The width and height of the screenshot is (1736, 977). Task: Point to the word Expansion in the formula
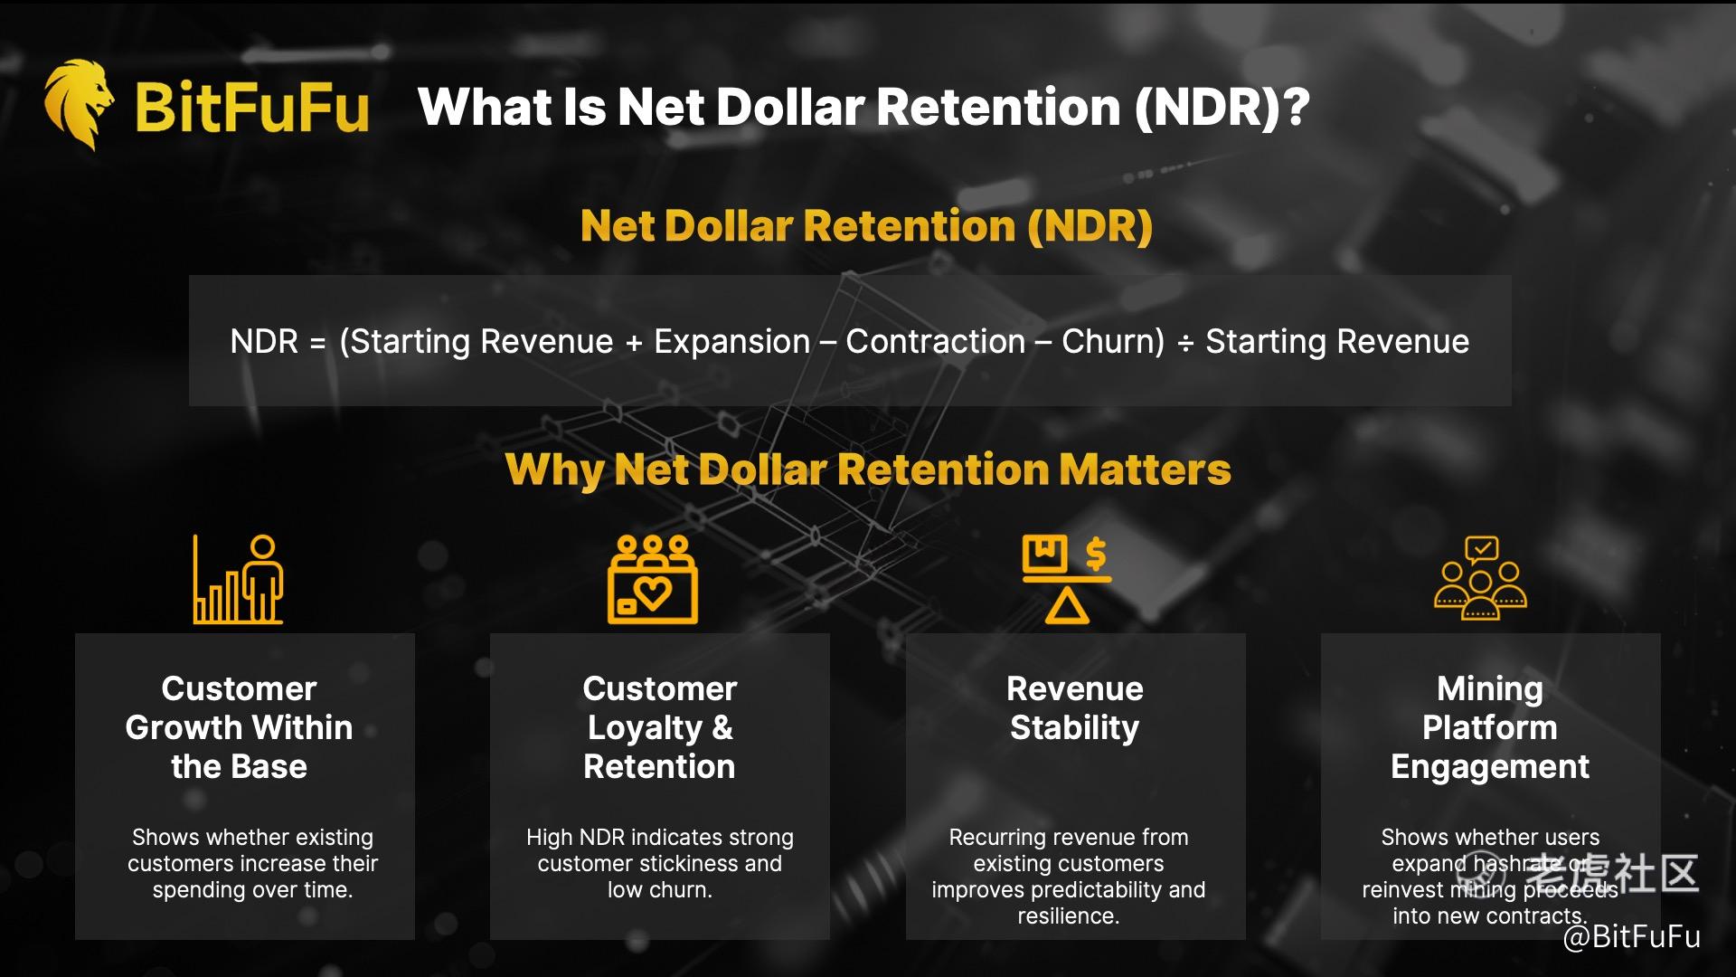(x=731, y=342)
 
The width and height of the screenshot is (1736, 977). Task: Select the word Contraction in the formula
(x=936, y=342)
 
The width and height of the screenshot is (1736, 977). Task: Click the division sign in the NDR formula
(x=1185, y=344)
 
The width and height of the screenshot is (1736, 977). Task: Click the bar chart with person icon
(x=239, y=579)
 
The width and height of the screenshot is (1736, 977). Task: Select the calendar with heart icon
(x=652, y=579)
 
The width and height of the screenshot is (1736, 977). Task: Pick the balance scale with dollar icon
(x=1067, y=579)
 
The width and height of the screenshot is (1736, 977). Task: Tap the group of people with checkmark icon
(x=1480, y=579)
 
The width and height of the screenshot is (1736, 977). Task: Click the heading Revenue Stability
(x=1075, y=708)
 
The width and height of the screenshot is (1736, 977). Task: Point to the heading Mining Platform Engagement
(x=1490, y=728)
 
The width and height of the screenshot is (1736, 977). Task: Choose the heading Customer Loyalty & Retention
(x=660, y=728)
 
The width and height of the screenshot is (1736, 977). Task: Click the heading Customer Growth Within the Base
(x=239, y=728)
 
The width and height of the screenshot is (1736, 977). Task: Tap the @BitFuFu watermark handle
(x=1632, y=937)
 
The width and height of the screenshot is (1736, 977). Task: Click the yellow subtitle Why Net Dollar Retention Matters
(x=868, y=470)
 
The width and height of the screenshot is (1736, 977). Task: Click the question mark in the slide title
(x=1297, y=107)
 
